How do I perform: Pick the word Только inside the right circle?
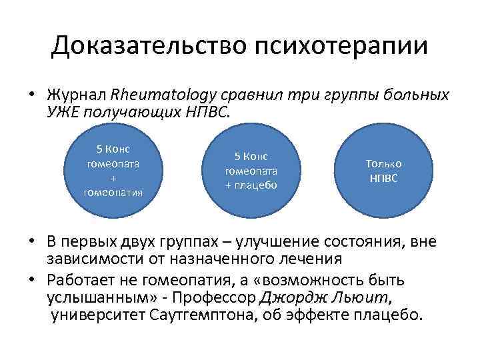point(383,164)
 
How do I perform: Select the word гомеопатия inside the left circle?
point(113,193)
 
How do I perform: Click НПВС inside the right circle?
point(383,178)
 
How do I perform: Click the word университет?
point(93,313)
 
